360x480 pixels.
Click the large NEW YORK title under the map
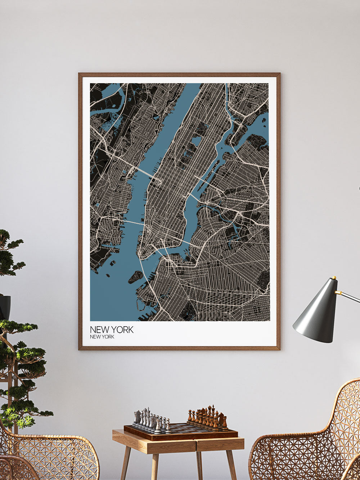click(x=112, y=329)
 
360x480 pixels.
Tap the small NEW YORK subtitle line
click(x=102, y=337)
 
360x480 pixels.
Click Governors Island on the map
click(x=136, y=277)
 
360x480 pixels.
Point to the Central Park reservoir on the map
click(x=197, y=140)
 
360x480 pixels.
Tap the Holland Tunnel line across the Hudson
click(x=133, y=223)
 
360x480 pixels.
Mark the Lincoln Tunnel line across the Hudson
click(x=146, y=173)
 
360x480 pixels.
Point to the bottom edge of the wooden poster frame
click(x=179, y=348)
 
